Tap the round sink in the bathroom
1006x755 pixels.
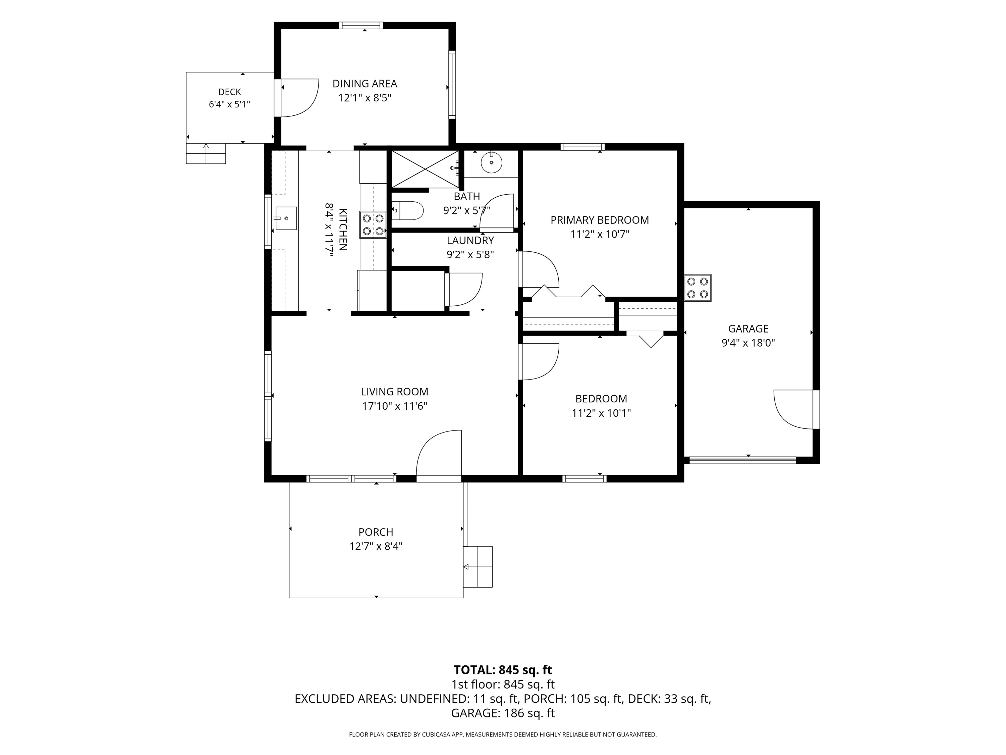[x=491, y=162]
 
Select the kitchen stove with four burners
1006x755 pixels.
[x=373, y=225]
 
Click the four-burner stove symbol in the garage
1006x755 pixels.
[x=697, y=288]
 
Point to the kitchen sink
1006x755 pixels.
[x=286, y=218]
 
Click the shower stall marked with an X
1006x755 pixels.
[x=425, y=169]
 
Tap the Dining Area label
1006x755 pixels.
[x=365, y=84]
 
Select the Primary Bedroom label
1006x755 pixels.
[x=600, y=220]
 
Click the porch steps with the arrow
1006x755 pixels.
[x=478, y=567]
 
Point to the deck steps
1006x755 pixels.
[x=206, y=153]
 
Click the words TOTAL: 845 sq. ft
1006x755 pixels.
[x=503, y=670]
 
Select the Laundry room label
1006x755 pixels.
[x=470, y=240]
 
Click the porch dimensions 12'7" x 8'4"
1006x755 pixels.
[x=376, y=546]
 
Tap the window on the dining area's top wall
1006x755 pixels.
[x=362, y=26]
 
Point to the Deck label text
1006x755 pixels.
[x=229, y=92]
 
